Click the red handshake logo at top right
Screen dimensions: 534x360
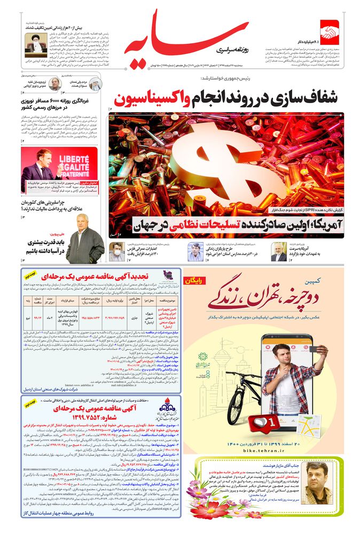[x=330, y=31]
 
